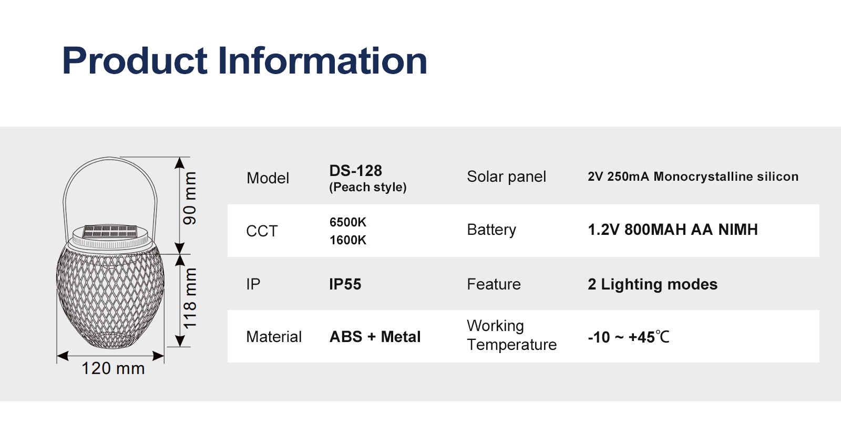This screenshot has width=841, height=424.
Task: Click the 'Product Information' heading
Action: tap(244, 60)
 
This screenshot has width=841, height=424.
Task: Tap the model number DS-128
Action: tap(355, 171)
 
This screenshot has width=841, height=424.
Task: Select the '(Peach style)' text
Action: tap(367, 187)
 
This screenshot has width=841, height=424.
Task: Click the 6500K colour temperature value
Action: tap(347, 222)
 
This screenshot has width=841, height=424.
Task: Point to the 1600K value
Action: tap(347, 240)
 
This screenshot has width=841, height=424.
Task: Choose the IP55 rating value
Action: tap(345, 284)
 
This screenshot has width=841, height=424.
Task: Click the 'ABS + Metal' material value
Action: tap(375, 337)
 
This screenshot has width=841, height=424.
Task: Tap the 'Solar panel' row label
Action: tap(507, 177)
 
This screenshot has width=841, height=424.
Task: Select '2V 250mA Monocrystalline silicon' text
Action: tap(693, 177)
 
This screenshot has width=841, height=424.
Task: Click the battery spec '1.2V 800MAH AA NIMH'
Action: tap(673, 230)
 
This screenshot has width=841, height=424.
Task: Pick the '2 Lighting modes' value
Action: tap(652, 284)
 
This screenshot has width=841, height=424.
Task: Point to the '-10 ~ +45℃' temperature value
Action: tap(629, 337)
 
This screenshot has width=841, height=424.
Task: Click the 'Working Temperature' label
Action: tap(512, 335)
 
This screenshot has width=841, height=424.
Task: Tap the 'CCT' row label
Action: tap(262, 231)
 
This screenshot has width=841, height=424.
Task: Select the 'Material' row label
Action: tap(274, 337)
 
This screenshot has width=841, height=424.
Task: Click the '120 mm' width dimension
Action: tap(113, 368)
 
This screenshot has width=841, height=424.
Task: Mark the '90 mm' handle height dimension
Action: tap(190, 198)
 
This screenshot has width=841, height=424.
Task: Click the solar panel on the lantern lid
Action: tap(110, 231)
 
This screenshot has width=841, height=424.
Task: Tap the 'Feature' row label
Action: tap(494, 284)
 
